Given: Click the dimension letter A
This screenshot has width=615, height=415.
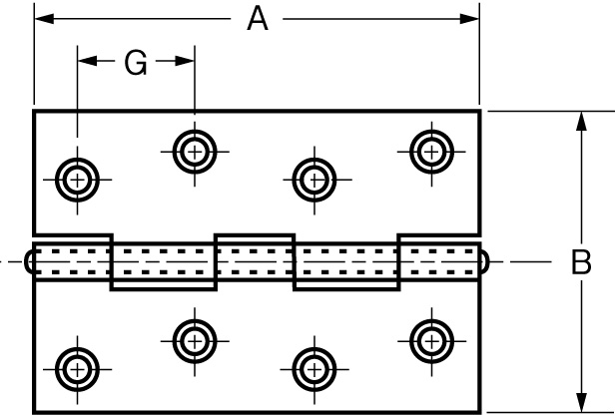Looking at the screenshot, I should (x=258, y=19).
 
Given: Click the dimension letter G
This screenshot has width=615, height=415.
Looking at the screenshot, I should (x=136, y=63).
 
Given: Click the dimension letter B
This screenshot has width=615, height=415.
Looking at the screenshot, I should (x=581, y=262).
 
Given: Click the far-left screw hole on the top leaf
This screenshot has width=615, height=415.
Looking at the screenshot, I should (x=77, y=181).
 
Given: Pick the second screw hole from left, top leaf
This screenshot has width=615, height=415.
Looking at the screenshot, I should (x=194, y=152).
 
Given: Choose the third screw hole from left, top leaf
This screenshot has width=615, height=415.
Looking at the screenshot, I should (x=314, y=181).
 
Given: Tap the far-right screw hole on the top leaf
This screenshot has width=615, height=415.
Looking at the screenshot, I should (x=430, y=152).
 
